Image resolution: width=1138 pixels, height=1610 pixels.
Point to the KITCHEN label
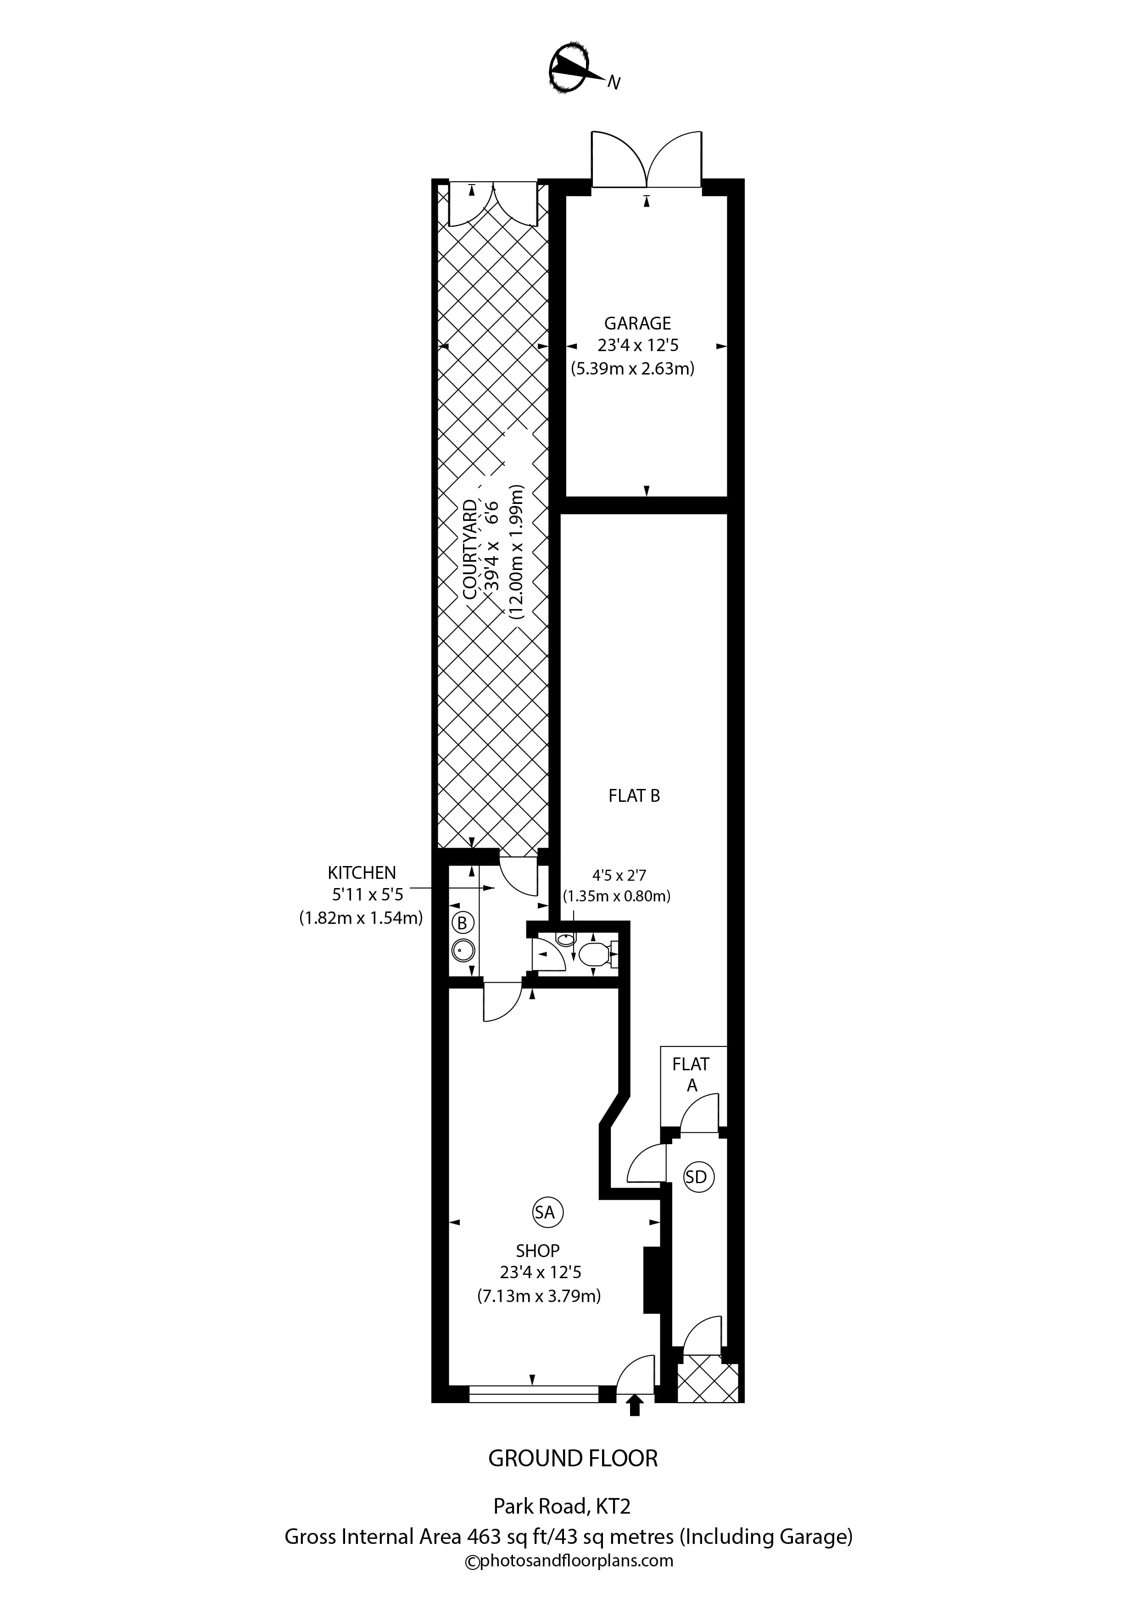362,872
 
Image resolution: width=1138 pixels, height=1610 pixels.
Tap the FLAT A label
692,1074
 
